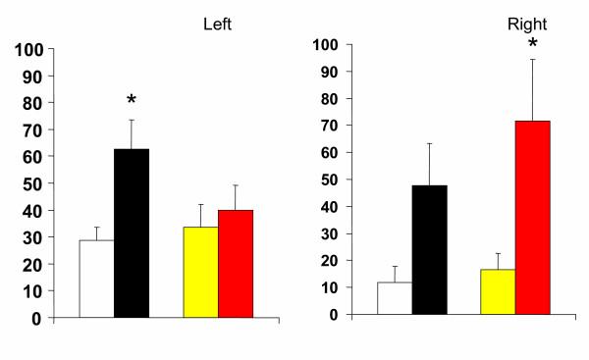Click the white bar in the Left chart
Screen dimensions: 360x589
pyautogui.click(x=97, y=279)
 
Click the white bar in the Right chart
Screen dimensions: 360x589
pyautogui.click(x=394, y=298)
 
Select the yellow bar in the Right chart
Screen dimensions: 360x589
pyautogui.click(x=498, y=291)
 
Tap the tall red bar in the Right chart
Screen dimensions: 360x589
pyautogui.click(x=533, y=217)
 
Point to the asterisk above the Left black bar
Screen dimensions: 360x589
pyautogui.click(x=132, y=101)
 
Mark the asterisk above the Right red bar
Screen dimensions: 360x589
pyautogui.click(x=533, y=45)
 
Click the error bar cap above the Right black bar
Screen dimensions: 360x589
pyautogui.click(x=428, y=143)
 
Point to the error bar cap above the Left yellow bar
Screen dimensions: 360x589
pyautogui.click(x=200, y=204)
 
